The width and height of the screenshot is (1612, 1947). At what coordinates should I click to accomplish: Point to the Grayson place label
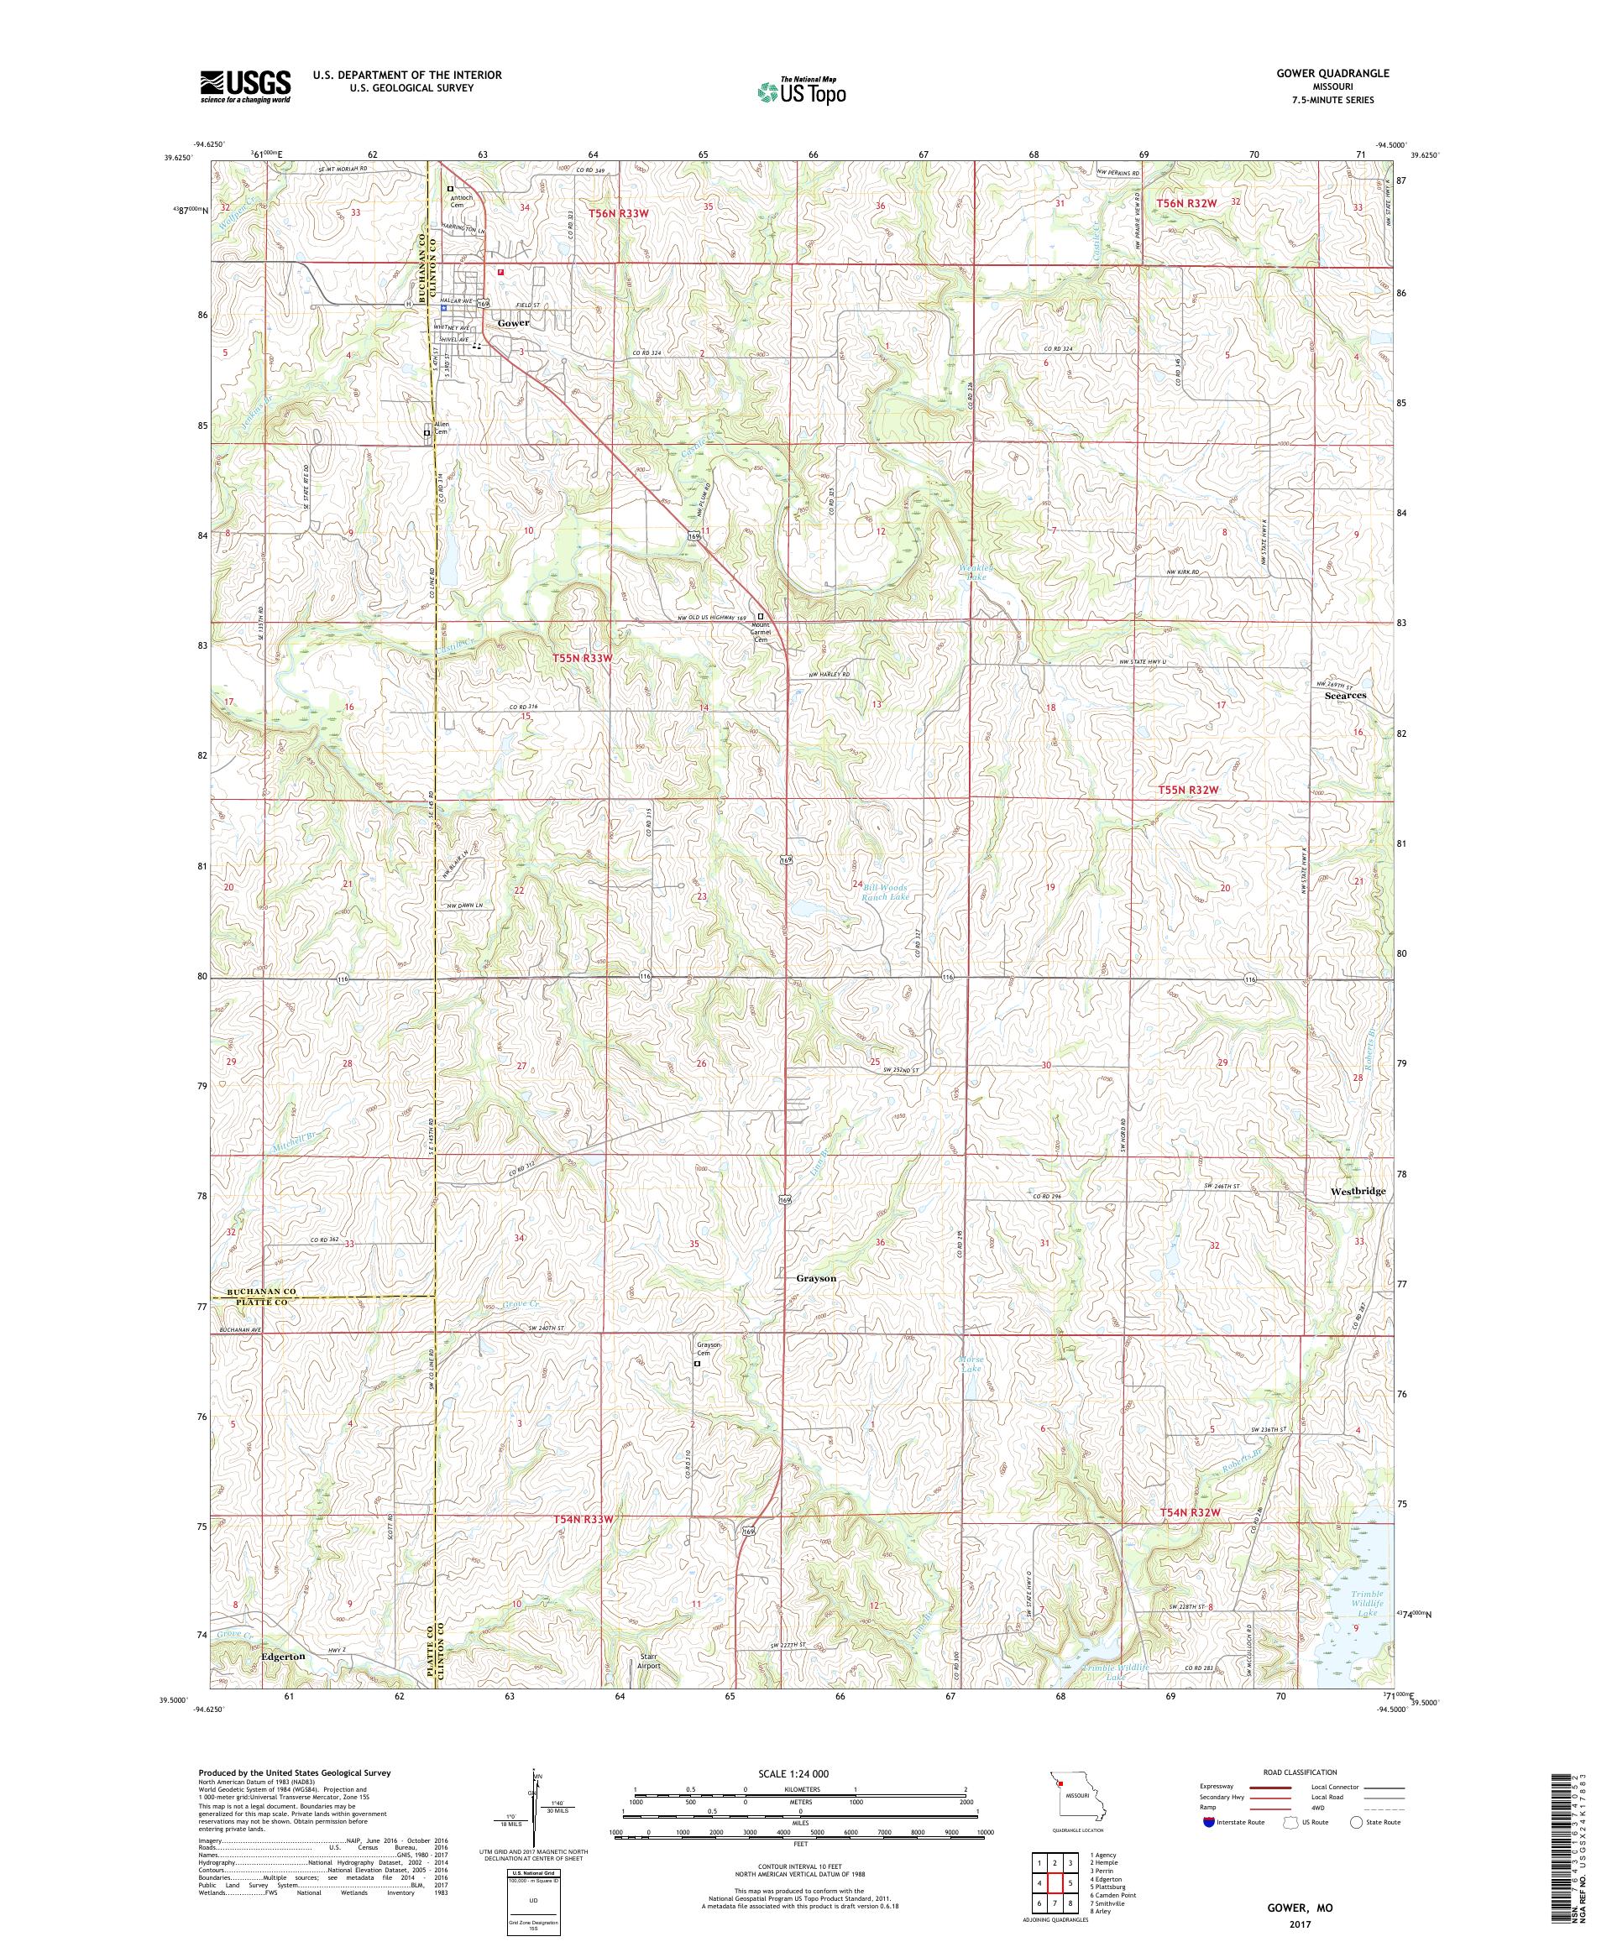815,1277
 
